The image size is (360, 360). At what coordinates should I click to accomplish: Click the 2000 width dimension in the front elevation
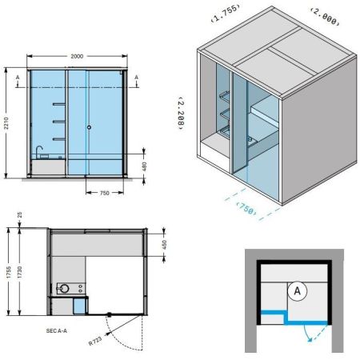tap(77, 56)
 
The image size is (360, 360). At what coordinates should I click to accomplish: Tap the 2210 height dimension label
tap(6, 123)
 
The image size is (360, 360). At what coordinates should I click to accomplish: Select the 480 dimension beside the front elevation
tap(144, 166)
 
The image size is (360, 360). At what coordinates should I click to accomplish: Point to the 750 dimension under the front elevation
tap(104, 193)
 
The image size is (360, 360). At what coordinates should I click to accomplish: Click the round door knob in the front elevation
tap(89, 127)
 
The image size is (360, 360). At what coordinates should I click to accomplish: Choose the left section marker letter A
tap(18, 78)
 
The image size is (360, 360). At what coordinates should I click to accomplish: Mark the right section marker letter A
tap(136, 78)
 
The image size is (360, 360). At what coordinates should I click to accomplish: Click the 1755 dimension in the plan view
tap(9, 272)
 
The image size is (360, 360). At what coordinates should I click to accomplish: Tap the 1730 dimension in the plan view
tap(19, 272)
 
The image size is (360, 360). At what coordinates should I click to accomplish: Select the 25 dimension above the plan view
tap(19, 214)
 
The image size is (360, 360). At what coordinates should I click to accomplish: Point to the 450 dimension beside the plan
tap(164, 244)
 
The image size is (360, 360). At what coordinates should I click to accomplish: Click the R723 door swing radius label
tap(95, 341)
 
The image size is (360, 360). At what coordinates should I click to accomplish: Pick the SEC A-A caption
tap(57, 331)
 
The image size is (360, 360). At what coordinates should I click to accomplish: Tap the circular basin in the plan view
tap(64, 289)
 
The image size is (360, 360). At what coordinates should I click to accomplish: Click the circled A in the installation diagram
tap(298, 291)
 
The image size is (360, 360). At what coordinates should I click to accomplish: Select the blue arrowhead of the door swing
tap(310, 339)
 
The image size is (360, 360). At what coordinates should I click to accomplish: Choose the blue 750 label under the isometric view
tap(247, 209)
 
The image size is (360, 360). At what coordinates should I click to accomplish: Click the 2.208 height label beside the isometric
tap(181, 113)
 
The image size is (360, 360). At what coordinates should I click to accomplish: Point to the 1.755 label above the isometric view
tap(226, 13)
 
